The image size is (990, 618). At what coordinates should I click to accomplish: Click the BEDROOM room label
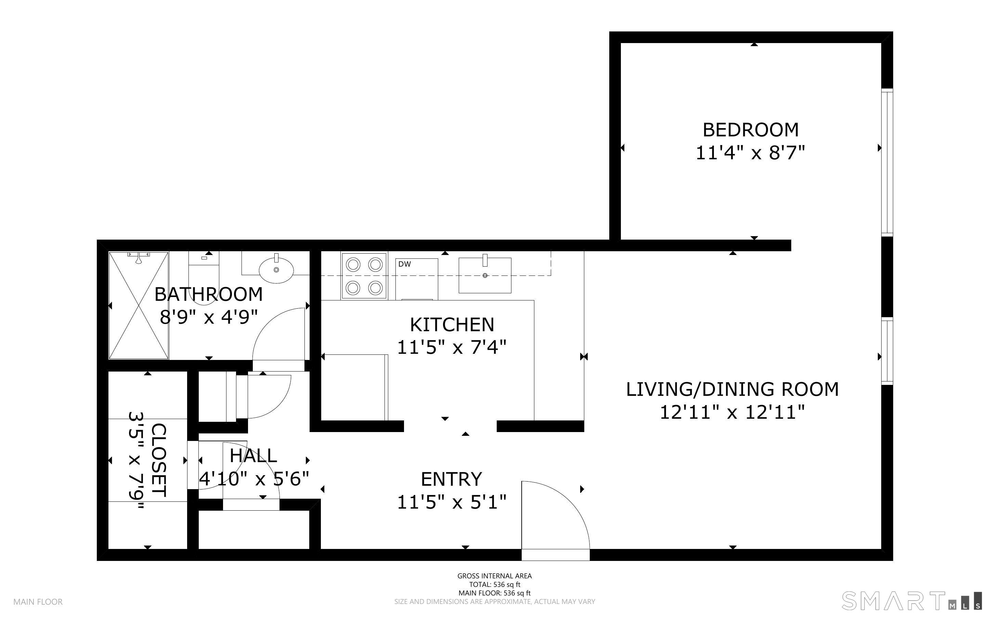coord(751,130)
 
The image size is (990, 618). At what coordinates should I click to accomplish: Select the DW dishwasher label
coord(404,264)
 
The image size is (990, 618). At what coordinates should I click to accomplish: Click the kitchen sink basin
coord(485,276)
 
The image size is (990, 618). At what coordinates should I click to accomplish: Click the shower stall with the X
coord(139,305)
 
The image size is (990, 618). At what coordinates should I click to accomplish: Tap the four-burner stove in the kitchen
coord(364,276)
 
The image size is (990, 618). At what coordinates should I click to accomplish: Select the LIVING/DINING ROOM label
coord(732,389)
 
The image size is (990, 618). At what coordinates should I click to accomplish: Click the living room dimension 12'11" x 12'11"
coord(732,412)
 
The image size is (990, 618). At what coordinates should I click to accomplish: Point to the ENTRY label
coord(452,479)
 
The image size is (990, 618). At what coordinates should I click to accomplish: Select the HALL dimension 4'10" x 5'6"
coord(253,479)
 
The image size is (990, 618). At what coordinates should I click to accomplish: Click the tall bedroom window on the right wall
coord(887,162)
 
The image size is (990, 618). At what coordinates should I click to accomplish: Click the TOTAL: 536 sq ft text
coord(494,585)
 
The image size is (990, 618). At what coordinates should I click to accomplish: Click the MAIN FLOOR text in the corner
coord(38,602)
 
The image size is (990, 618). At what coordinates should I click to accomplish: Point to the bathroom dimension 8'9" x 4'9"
coord(209,317)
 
